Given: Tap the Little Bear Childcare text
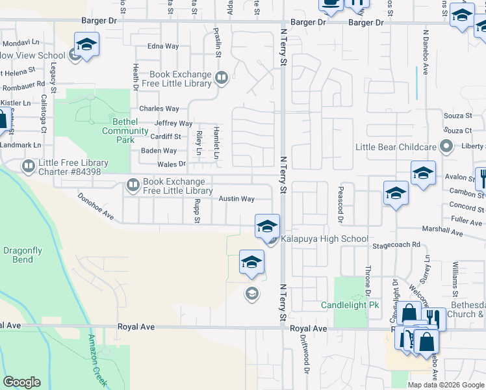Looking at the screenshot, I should pos(396,147).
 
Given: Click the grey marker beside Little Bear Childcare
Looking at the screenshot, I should pos(446,146).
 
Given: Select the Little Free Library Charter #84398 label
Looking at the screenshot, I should pos(70,167).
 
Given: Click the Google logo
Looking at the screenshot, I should pos(21,382).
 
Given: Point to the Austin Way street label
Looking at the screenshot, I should pos(236,199).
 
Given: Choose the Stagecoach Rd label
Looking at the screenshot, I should pos(396,245).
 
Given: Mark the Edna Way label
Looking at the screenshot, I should pos(163,46).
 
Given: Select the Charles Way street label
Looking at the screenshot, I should pos(159,109).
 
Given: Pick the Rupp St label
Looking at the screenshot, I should pos(196,211).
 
